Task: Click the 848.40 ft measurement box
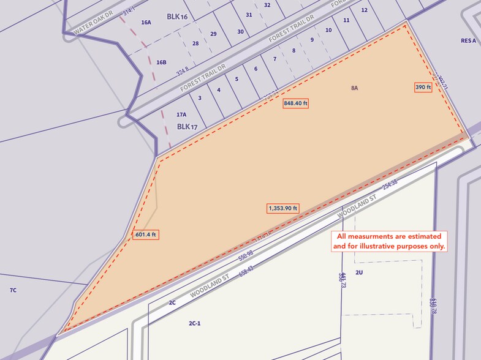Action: [295, 103]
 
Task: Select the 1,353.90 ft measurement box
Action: [283, 208]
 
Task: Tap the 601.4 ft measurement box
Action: [146, 234]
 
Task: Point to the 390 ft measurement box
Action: [423, 87]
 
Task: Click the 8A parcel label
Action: [354, 88]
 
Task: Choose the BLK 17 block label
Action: [187, 127]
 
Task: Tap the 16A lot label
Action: [146, 23]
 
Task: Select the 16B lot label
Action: [161, 62]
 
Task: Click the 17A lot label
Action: [181, 114]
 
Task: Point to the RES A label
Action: [468, 41]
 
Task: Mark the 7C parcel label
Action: [13, 290]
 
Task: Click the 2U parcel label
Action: [360, 272]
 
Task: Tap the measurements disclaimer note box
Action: [389, 241]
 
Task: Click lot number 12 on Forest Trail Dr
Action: [364, 10]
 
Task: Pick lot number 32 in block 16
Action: [267, 5]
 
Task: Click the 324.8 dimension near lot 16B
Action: [182, 72]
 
